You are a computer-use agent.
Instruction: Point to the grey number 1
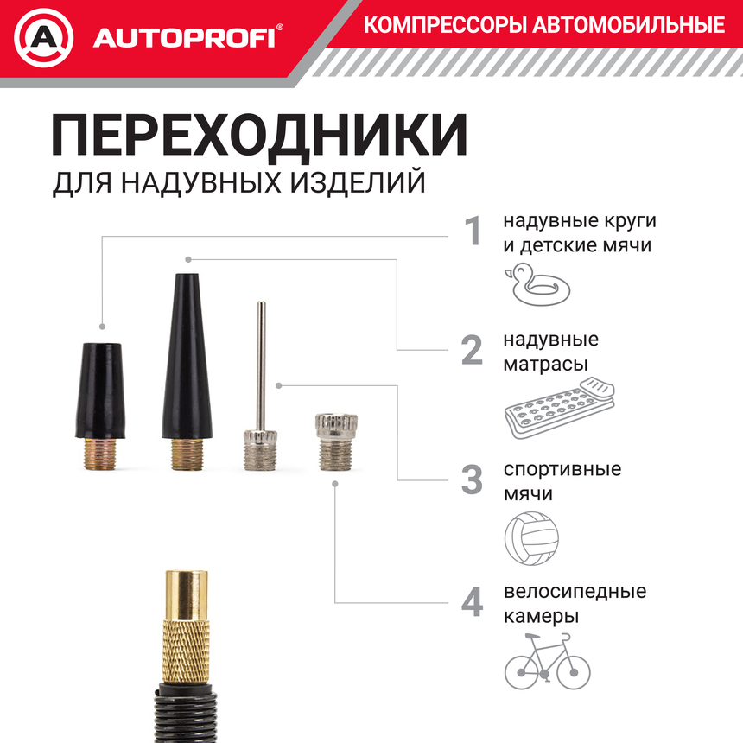coord(472,232)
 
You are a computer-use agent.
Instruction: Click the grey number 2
coord(472,351)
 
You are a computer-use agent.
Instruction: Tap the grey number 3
coord(472,480)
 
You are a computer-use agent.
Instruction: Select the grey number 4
coord(472,603)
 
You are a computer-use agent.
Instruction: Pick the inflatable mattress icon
coord(556,407)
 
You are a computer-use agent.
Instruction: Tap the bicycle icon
coord(548,660)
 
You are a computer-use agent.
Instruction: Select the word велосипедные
coord(575,593)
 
